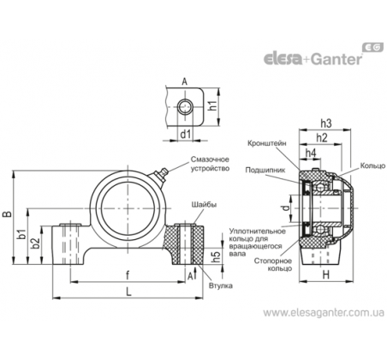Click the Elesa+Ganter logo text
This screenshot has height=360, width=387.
tap(313, 59)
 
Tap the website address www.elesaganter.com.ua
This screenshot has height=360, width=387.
tap(324, 313)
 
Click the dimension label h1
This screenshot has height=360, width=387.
tap(212, 105)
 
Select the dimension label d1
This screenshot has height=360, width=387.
tap(185, 133)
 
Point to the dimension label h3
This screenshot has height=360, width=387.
tap(326, 123)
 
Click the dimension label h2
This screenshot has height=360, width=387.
tap(322, 138)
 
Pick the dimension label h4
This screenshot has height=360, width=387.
tap(311, 153)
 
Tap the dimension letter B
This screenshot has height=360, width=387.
tap(8, 214)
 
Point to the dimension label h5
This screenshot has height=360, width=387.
tap(217, 256)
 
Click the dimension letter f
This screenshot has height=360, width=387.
tap(128, 275)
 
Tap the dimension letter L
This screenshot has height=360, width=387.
tap(128, 291)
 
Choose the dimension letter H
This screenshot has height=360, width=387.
tap(325, 275)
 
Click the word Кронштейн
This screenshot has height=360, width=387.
tap(266, 143)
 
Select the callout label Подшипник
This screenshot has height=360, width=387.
tap(265, 170)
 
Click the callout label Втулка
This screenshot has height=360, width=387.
tap(221, 285)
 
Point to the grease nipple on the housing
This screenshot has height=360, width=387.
tap(161, 175)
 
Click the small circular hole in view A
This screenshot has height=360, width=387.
tap(185, 106)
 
